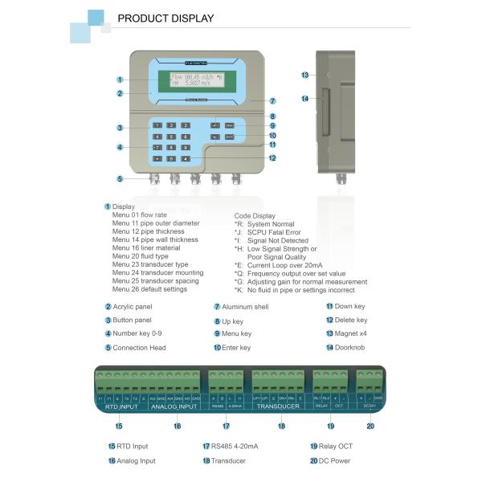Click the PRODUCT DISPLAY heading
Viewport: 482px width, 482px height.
(165, 18)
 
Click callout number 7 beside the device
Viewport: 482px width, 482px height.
(272, 101)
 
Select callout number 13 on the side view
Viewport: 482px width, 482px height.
(305, 75)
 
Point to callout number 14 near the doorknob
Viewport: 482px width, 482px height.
(305, 99)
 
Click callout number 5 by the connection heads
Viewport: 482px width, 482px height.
(120, 178)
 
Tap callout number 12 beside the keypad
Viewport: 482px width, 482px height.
(273, 158)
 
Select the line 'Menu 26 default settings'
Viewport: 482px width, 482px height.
(149, 288)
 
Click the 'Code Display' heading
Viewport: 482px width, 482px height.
(254, 215)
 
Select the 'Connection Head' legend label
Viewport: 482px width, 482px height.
(139, 348)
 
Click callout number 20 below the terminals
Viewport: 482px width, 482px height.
(370, 426)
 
